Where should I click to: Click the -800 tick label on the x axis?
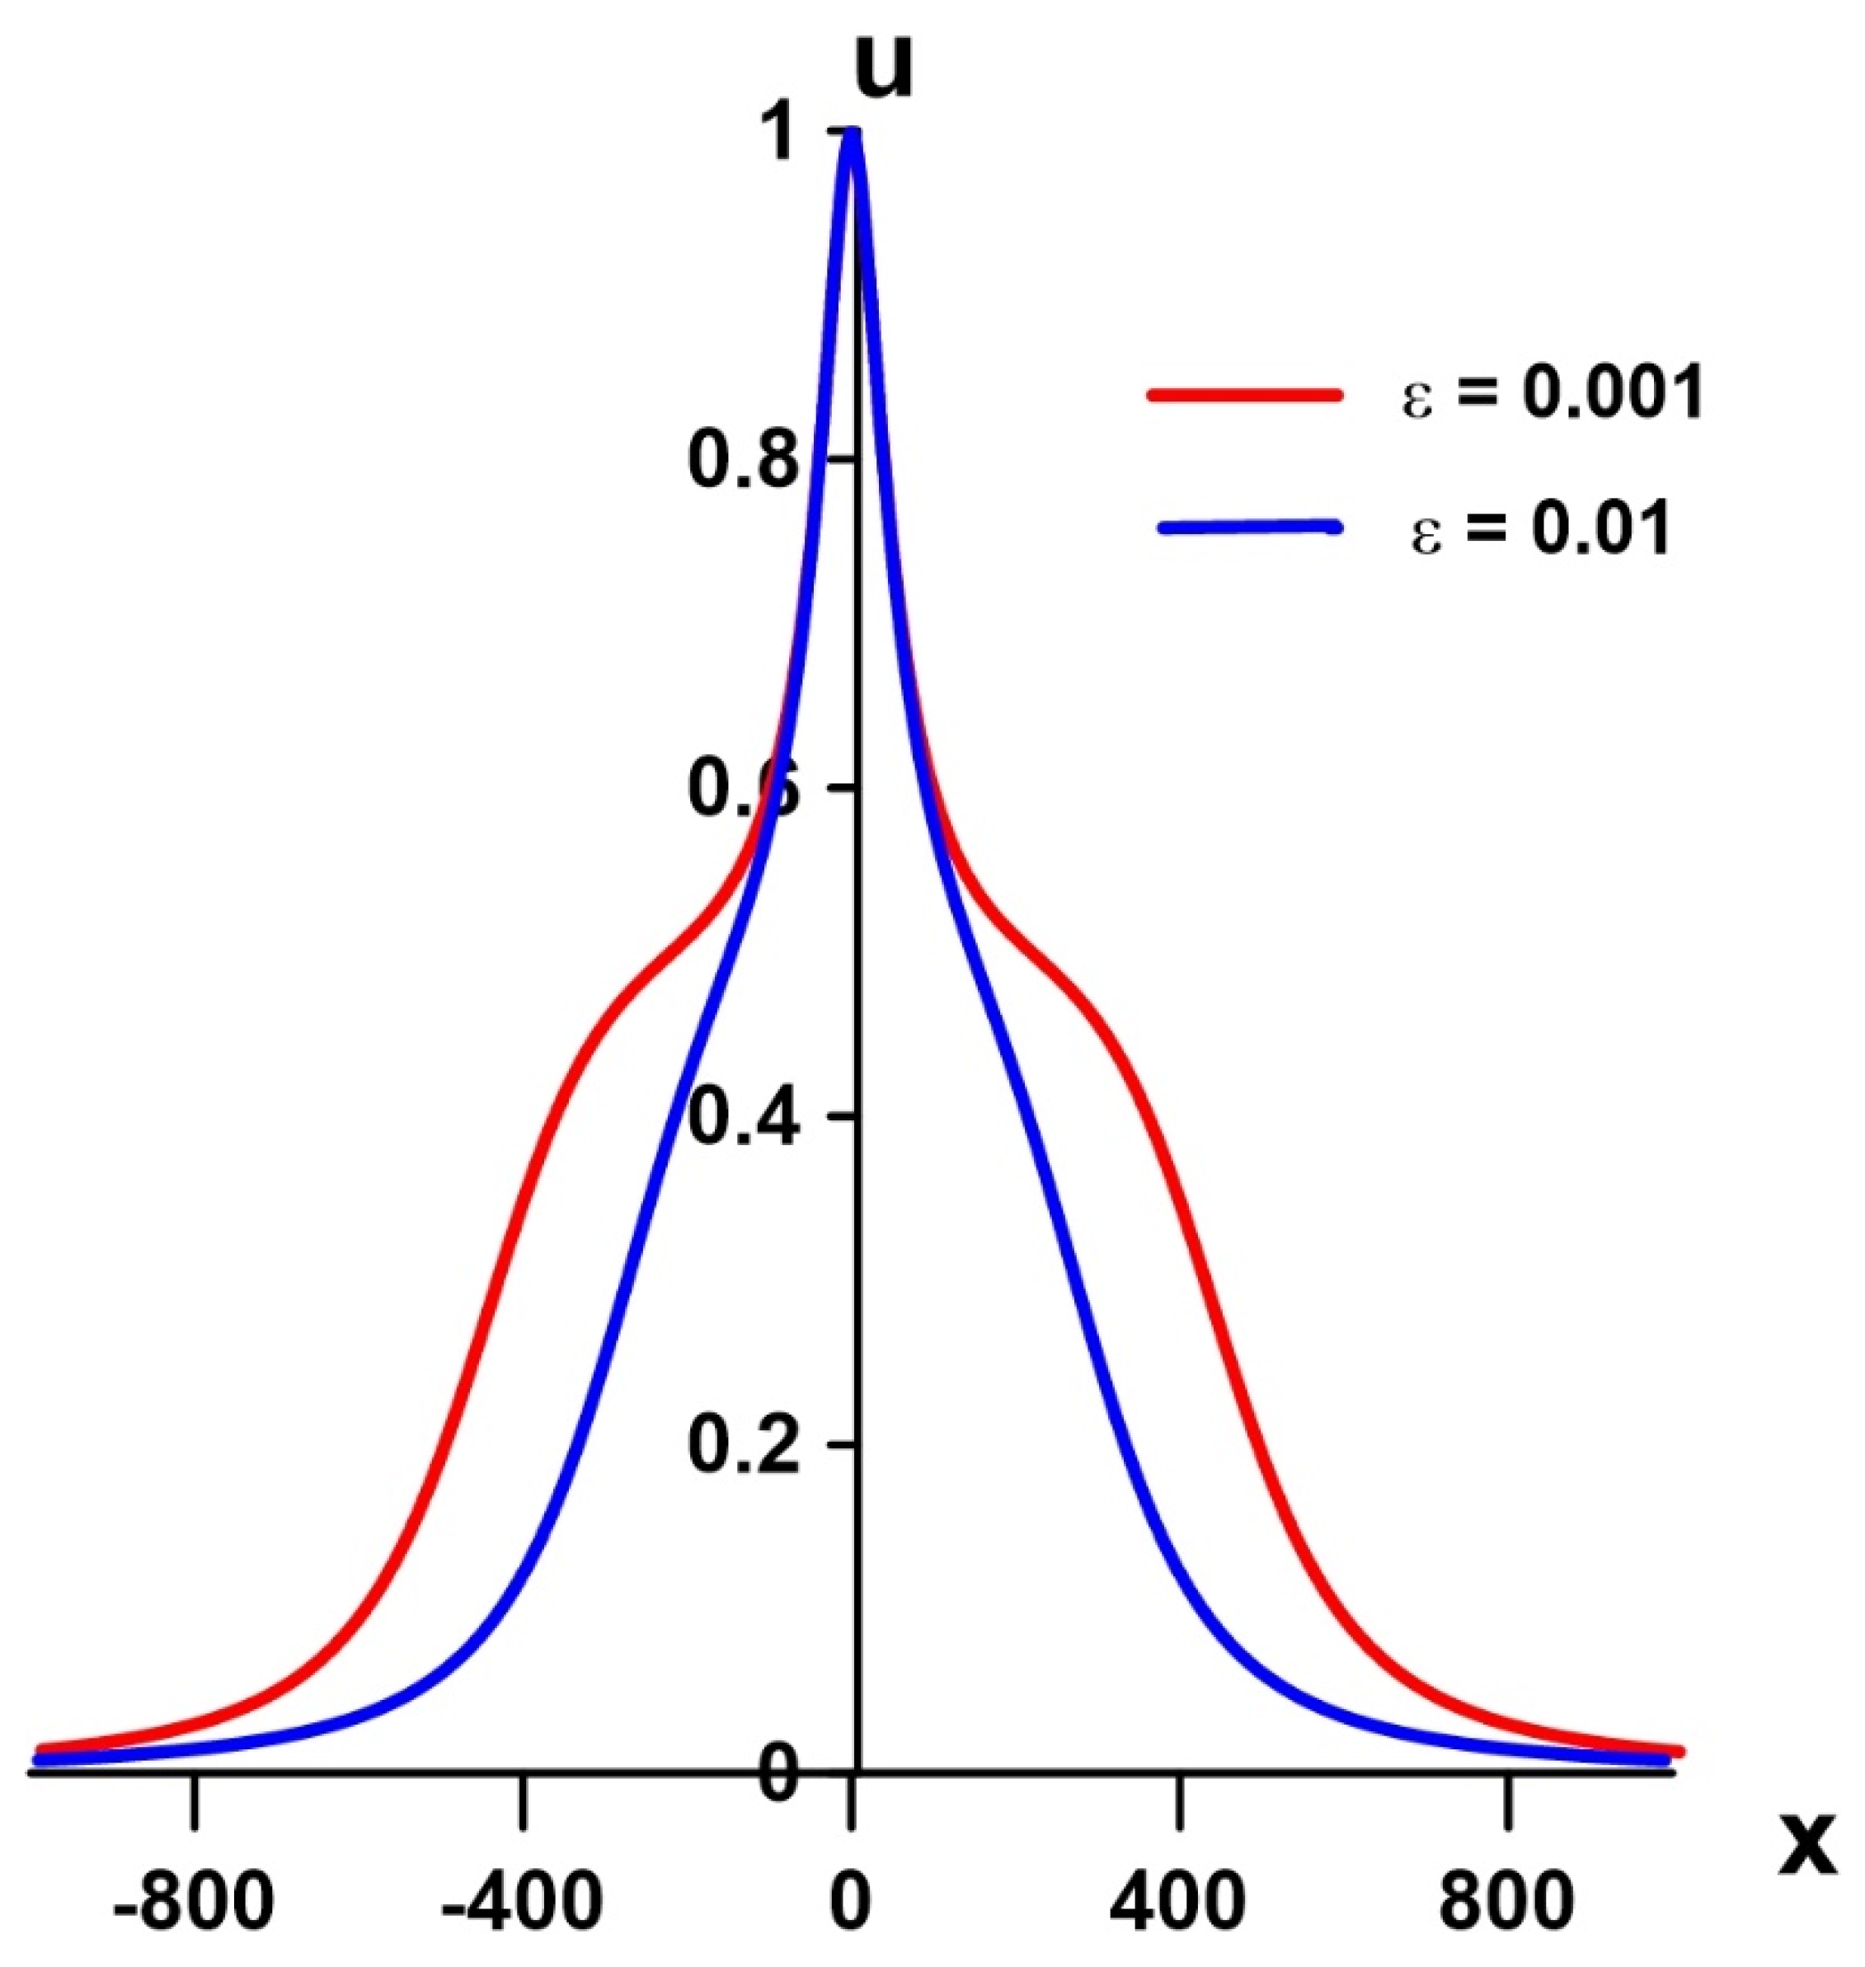point(194,1927)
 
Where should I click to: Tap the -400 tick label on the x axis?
point(522,1927)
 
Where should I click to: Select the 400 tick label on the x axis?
point(1179,1927)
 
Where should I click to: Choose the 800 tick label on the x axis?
point(1508,1927)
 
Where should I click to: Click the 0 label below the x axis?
point(850,1927)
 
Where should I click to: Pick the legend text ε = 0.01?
point(1540,528)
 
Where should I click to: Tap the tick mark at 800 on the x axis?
point(1508,1795)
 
